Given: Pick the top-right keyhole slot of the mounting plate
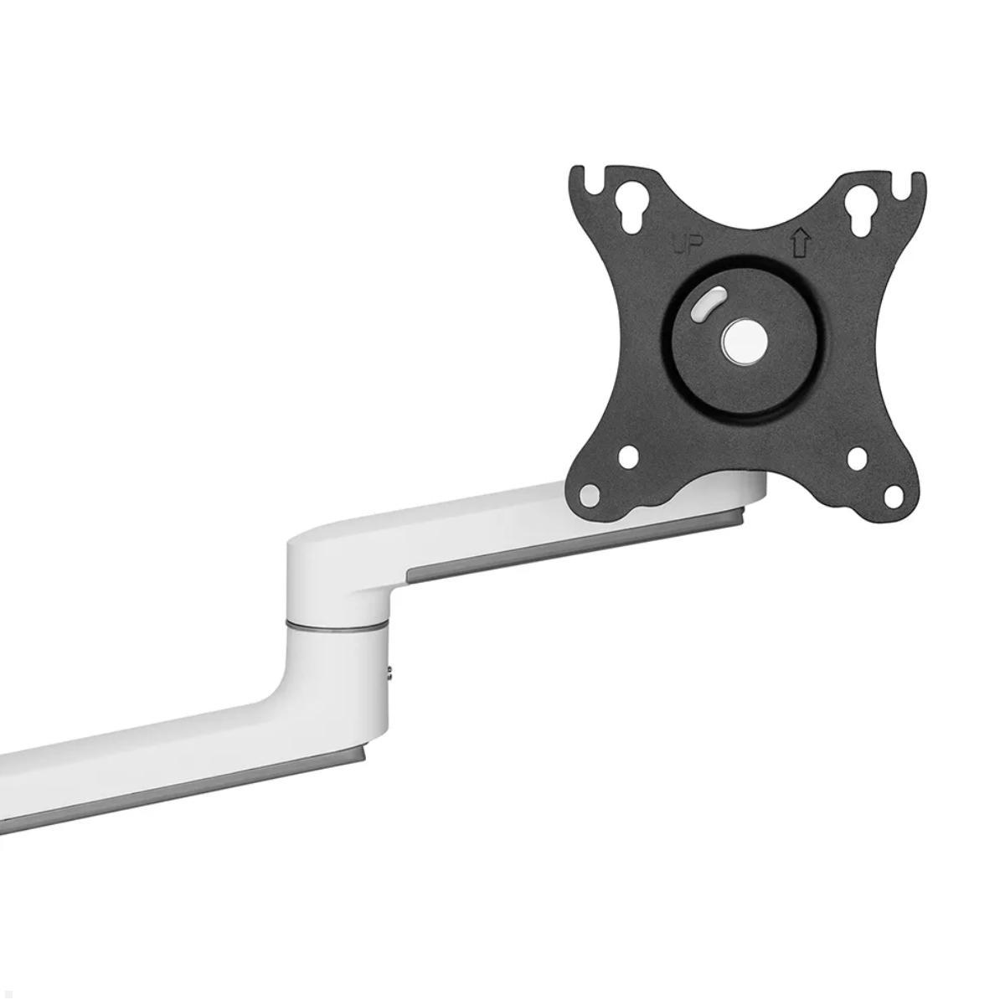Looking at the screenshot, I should click(859, 210).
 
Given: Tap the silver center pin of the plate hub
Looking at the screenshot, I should click(742, 342).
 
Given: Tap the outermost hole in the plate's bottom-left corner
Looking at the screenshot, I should click(590, 494).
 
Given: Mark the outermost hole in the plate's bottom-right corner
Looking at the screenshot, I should click(894, 495).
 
